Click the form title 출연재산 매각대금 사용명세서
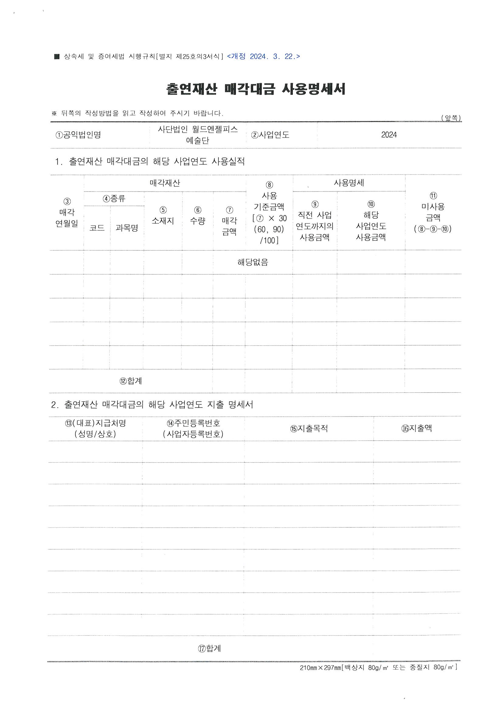click(x=255, y=89)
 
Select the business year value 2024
click(x=389, y=135)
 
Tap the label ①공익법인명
click(x=78, y=135)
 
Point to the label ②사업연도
click(x=270, y=135)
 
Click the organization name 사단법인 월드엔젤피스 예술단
click(x=198, y=135)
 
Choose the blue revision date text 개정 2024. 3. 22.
click(x=263, y=56)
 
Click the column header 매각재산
click(x=164, y=183)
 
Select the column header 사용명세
click(x=348, y=183)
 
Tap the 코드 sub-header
click(x=97, y=228)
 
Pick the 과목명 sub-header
click(x=127, y=228)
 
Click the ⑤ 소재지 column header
click(x=163, y=216)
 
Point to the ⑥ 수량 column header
click(x=198, y=216)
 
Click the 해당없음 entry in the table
click(x=253, y=262)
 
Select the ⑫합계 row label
click(x=130, y=381)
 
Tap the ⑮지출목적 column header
click(x=309, y=429)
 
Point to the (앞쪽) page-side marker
click(x=451, y=118)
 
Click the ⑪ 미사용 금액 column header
click(x=433, y=213)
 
